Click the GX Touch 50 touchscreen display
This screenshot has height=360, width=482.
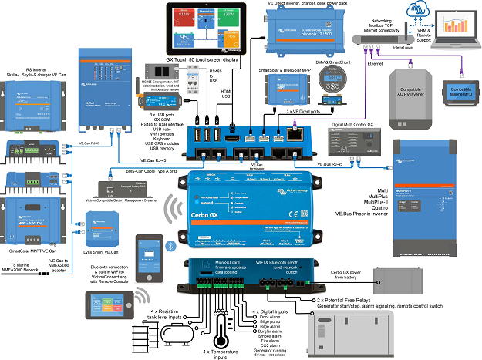coord(204,29)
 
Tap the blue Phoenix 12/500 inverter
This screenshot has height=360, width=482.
coord(302,31)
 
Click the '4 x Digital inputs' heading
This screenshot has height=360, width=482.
coord(271,311)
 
